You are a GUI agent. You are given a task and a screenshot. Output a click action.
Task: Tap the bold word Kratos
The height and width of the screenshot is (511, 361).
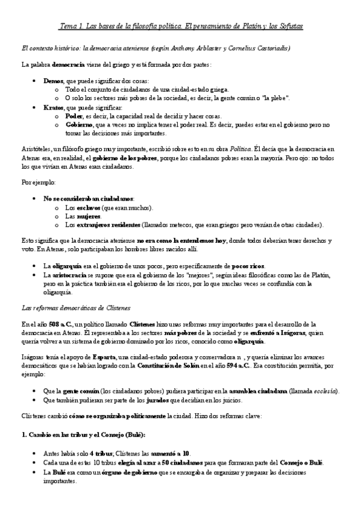[x=54, y=107]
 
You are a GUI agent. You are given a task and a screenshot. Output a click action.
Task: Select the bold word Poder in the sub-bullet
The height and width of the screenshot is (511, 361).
[x=74, y=116]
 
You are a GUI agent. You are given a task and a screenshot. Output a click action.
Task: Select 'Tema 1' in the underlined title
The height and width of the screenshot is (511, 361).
[x=73, y=27]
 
